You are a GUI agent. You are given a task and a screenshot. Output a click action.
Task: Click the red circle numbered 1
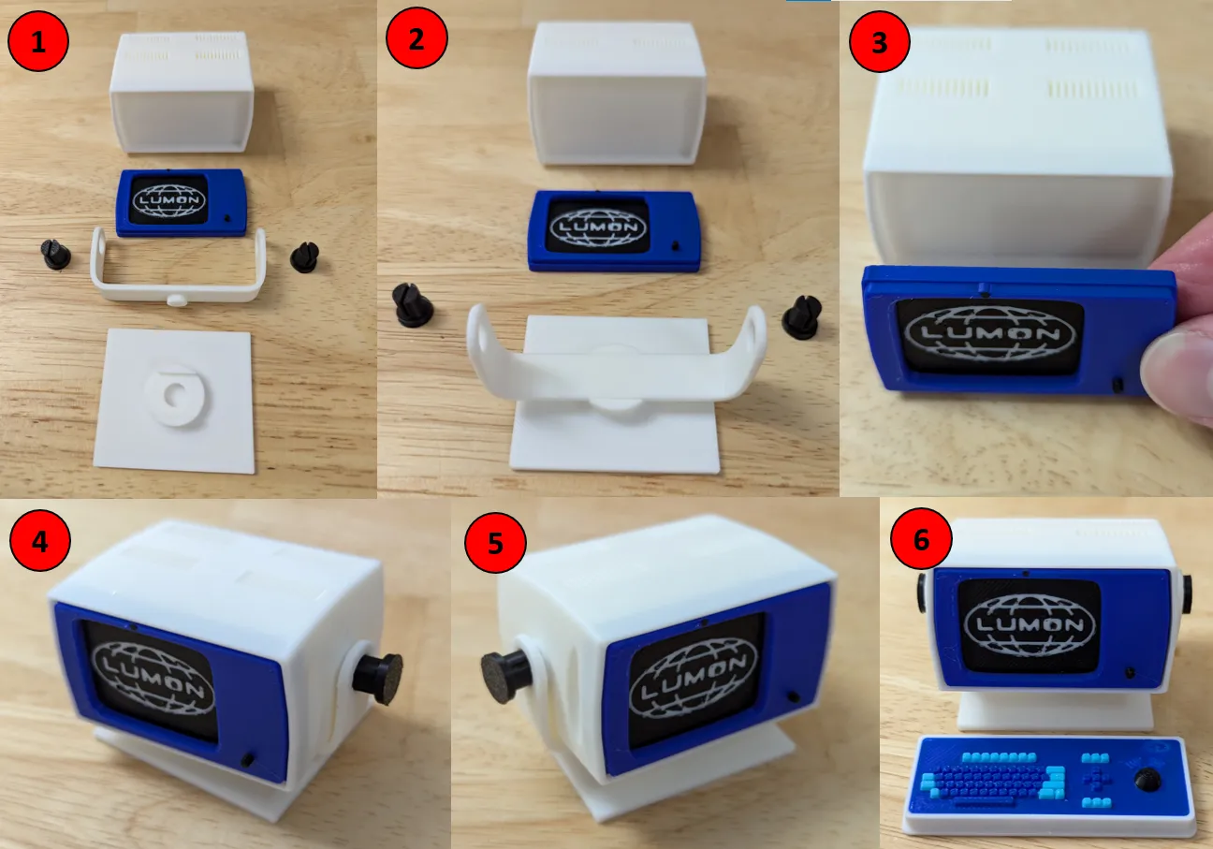(x=37, y=41)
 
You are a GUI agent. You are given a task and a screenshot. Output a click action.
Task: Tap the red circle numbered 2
(x=417, y=37)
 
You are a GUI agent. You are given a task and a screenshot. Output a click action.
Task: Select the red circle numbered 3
(x=880, y=42)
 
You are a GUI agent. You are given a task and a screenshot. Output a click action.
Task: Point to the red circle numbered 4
(x=39, y=540)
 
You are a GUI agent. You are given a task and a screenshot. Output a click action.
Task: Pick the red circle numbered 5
(x=495, y=543)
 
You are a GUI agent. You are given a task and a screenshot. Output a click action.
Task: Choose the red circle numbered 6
(x=921, y=539)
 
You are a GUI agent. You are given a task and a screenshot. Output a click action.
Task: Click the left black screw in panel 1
(x=55, y=255)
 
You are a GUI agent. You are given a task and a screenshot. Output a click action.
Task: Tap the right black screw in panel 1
(x=304, y=257)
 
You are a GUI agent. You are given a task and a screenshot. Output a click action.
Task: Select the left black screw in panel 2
(x=412, y=305)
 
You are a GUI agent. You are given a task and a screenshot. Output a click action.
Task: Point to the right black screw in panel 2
(x=802, y=316)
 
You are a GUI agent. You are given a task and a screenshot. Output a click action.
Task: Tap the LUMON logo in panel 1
(x=169, y=199)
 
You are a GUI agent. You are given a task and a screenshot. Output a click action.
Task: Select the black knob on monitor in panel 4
(x=377, y=679)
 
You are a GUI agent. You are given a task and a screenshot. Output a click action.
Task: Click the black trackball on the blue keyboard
(x=1147, y=779)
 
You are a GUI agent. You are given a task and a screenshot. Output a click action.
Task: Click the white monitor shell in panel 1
(x=182, y=92)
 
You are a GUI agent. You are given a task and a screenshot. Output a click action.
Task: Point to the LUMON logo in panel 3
(x=989, y=333)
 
